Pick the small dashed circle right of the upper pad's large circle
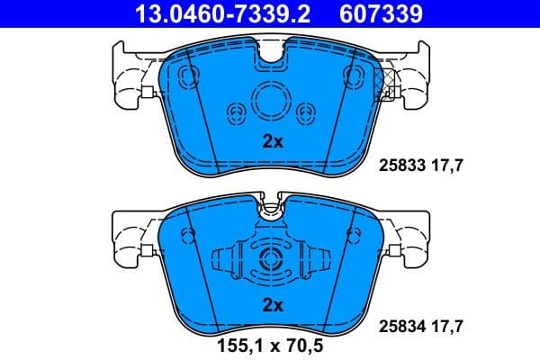click(303, 112)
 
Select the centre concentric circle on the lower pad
click(270, 261)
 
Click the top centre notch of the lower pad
click(270, 211)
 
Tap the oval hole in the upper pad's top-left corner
click(186, 75)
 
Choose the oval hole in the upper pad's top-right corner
click(352, 75)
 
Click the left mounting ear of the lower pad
click(129, 234)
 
